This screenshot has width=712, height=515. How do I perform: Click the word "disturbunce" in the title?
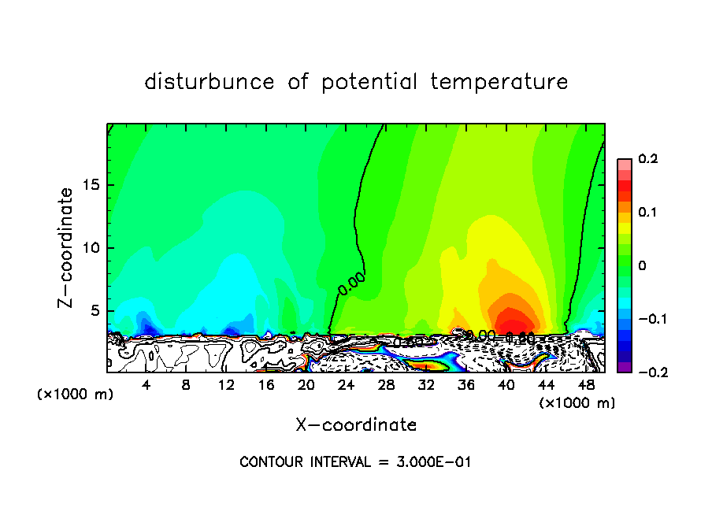click(210, 82)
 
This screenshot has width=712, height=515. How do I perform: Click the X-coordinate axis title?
click(356, 425)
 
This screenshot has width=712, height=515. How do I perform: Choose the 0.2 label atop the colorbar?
click(647, 159)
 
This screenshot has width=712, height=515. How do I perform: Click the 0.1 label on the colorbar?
click(647, 213)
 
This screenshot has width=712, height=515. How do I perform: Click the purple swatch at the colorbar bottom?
click(625, 367)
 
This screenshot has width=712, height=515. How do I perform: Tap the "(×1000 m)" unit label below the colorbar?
click(577, 403)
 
